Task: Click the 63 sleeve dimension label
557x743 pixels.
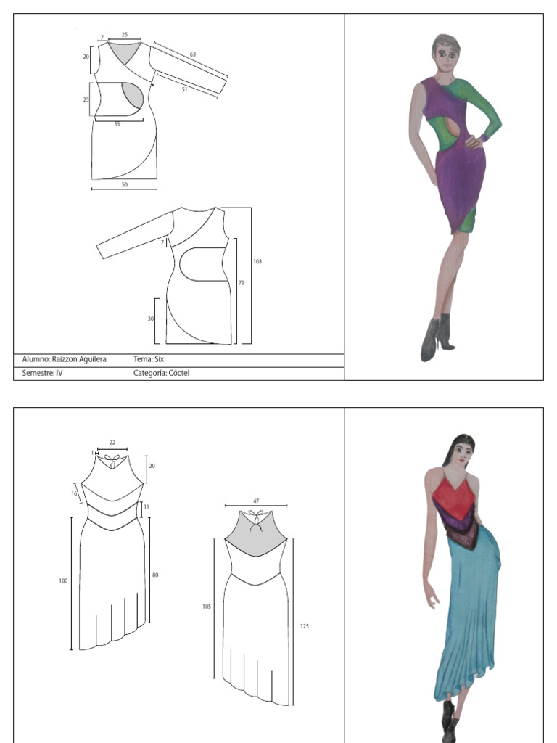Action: click(193, 54)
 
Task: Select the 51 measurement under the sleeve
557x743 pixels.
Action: click(184, 89)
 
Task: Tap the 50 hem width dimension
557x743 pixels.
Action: click(124, 184)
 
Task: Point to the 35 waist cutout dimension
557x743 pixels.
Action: click(117, 124)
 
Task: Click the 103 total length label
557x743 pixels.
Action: click(257, 261)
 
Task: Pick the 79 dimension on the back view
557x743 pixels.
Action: click(242, 283)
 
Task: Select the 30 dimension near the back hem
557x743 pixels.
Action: click(151, 319)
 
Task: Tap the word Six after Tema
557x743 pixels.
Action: click(159, 359)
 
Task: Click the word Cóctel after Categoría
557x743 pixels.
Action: click(179, 373)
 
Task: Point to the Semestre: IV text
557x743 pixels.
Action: click(42, 373)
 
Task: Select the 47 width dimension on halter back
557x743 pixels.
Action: click(256, 501)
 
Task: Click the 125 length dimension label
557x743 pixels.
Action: click(304, 626)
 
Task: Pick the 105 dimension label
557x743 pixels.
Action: click(207, 607)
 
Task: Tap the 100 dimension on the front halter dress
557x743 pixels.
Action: click(63, 581)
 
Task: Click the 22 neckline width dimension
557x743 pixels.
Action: click(112, 443)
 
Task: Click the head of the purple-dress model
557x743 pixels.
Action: click(445, 52)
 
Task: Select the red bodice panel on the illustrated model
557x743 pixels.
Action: click(454, 498)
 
